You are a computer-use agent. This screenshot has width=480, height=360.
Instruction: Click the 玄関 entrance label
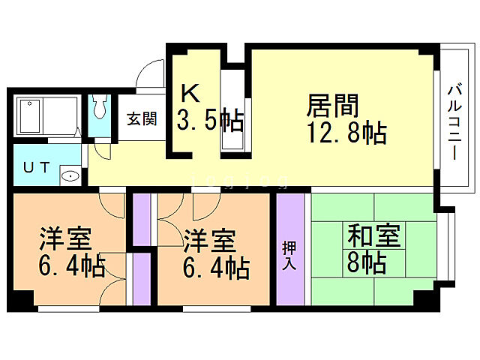(x=141, y=118)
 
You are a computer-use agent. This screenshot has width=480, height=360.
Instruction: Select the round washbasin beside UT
(x=69, y=177)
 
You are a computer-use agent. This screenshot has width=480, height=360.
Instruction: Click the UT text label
(x=36, y=167)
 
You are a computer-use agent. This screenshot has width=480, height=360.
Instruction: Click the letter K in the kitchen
(x=190, y=94)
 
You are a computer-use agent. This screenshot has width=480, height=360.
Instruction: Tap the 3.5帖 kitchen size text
(x=208, y=121)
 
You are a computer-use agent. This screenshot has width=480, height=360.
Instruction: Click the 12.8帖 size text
(x=346, y=133)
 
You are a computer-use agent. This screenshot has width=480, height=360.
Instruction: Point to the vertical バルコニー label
(x=454, y=120)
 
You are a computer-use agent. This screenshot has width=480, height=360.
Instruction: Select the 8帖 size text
(x=367, y=262)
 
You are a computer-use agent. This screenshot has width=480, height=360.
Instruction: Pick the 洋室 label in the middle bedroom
(x=210, y=240)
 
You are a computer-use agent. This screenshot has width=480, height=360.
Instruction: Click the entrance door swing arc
(x=150, y=75)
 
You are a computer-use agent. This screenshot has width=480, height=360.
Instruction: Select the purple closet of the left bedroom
(x=142, y=278)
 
